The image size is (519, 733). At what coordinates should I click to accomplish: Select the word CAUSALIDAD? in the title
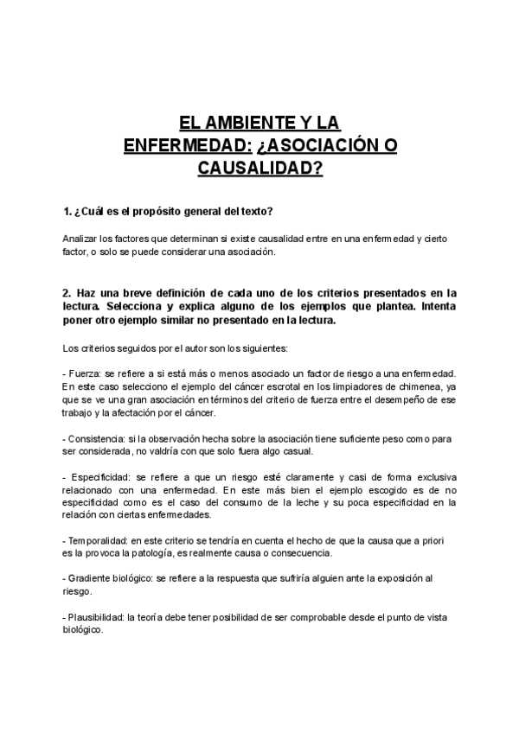coord(259,167)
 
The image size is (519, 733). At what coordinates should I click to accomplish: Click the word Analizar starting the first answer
coord(82,238)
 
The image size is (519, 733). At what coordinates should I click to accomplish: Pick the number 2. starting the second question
coord(68,293)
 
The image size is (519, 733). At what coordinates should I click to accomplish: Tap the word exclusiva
coord(429,477)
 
